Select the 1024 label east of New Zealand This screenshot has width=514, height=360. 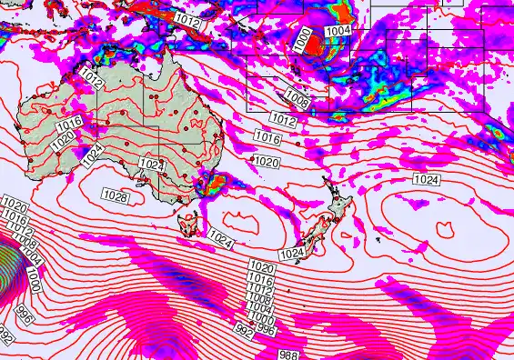(426, 179)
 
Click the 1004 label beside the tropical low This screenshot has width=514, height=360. (338, 30)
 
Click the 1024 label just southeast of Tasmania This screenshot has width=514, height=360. (221, 238)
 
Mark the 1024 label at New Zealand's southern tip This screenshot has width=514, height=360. (292, 253)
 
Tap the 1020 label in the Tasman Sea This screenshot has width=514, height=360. (266, 162)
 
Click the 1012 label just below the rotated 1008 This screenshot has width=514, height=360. (282, 119)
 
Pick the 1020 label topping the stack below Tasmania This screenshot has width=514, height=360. (262, 266)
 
